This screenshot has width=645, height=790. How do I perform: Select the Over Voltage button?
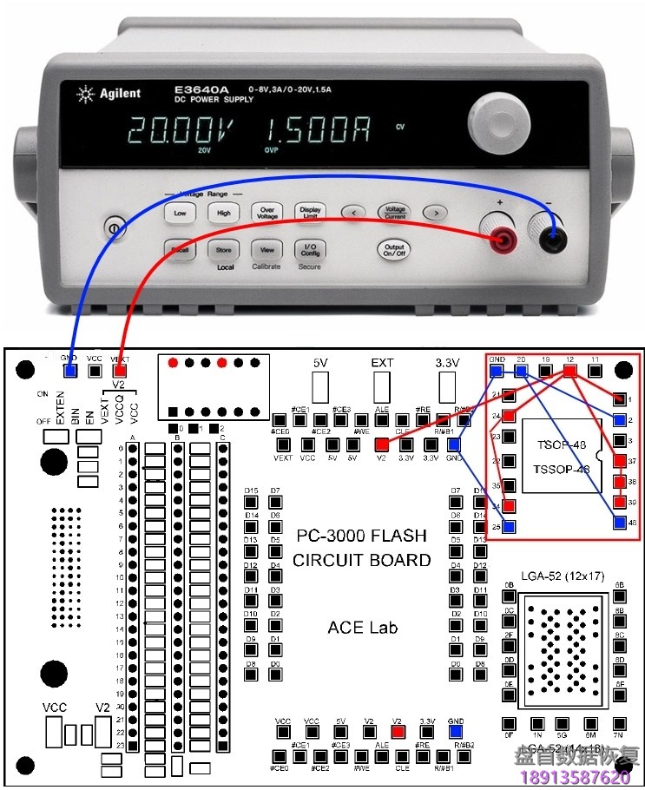267,213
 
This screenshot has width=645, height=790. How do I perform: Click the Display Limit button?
310,213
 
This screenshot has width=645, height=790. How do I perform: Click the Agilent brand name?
115,93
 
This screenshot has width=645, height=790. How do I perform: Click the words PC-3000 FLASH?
361,536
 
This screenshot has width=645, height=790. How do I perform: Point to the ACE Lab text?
362,627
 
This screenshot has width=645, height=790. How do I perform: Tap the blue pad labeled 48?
619,523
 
